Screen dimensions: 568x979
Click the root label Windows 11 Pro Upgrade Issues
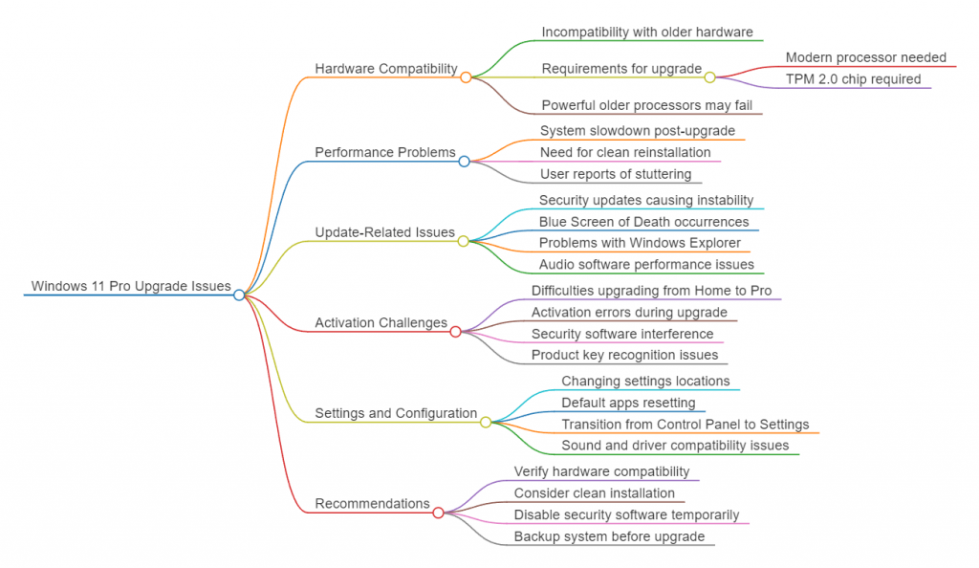click(131, 286)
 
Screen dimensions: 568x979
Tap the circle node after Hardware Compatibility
click(466, 77)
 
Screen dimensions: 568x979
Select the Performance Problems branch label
click(384, 152)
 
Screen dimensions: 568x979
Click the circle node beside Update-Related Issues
click(463, 241)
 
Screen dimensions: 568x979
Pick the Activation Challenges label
click(381, 323)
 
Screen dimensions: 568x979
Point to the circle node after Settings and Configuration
click(486, 422)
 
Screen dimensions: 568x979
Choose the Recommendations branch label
click(372, 504)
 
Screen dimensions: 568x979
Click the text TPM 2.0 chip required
click(853, 79)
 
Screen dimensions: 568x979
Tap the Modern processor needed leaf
click(865, 57)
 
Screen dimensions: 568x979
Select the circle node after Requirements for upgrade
click(709, 77)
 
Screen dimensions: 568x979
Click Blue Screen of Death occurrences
click(643, 222)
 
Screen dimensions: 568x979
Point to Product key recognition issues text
click(624, 355)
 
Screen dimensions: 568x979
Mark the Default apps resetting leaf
click(628, 403)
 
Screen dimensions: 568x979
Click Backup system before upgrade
click(609, 536)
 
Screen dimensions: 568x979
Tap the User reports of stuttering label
click(616, 174)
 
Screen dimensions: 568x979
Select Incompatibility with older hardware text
click(647, 32)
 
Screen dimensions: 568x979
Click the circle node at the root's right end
click(239, 295)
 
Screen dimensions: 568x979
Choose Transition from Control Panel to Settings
click(685, 425)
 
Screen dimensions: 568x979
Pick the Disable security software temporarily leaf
click(626, 515)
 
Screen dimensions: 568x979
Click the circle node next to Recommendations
click(438, 513)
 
